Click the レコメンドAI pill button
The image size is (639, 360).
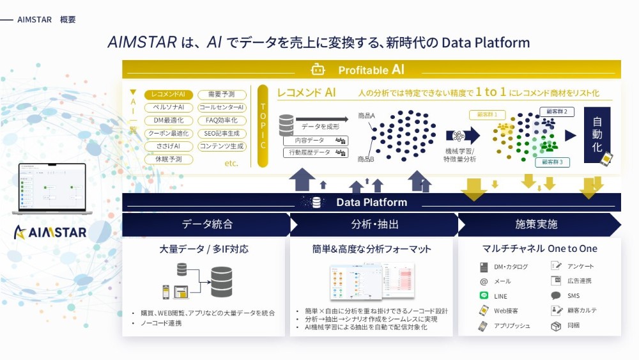pos(169,95)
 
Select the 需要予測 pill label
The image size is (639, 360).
pos(222,95)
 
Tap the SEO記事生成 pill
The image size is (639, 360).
pos(222,133)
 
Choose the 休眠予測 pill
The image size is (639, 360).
pos(169,159)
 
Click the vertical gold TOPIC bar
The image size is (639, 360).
pos(263,126)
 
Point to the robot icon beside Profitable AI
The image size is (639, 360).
pos(318,70)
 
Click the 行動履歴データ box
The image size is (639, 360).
pos(316,153)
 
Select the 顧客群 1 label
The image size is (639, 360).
pos(487,114)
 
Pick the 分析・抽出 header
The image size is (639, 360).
pos(375,224)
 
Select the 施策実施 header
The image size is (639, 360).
pos(537,224)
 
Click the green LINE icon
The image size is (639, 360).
pos(484,296)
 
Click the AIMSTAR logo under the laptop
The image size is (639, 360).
pos(50,232)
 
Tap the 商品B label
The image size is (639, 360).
pos(366,159)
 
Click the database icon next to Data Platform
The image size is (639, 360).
pos(316,203)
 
